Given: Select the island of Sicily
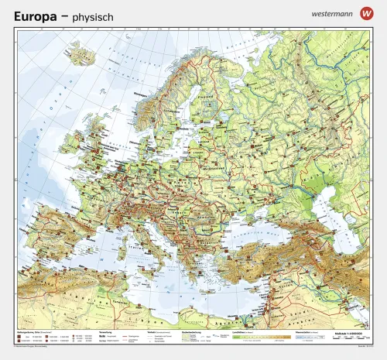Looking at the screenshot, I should (161, 269).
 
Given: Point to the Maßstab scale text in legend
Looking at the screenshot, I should (341, 333).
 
